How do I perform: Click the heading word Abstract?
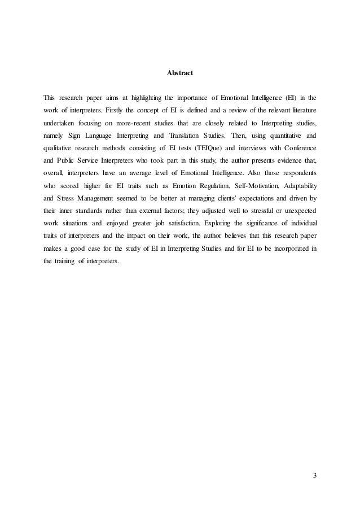pyautogui.click(x=180, y=72)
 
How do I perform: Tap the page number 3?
pyautogui.click(x=315, y=473)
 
